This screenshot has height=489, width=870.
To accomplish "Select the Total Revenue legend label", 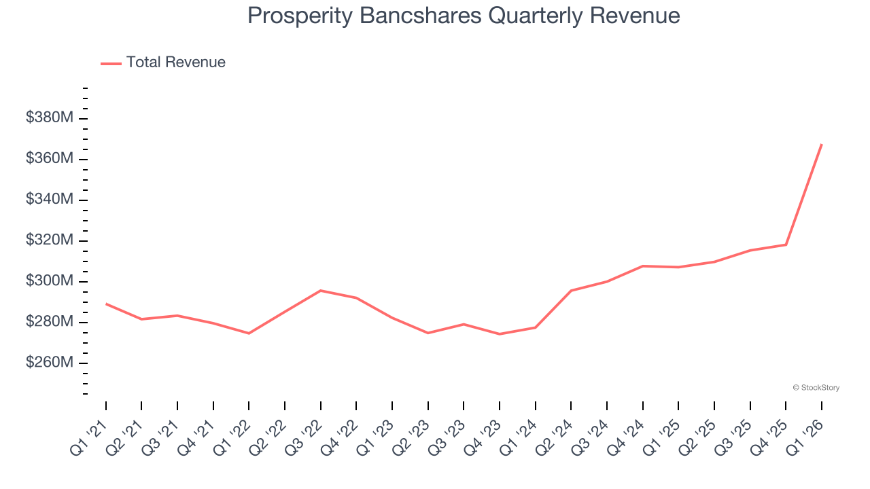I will pos(175,62).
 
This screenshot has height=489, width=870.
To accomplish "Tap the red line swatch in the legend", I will pos(111,63).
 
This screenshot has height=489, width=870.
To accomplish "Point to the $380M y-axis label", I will pos(49,117).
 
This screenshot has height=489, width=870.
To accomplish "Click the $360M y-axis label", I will pos(49,158).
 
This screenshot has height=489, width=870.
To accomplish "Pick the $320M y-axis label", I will pos(49,240).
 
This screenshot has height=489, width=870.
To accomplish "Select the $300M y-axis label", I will pos(49,280).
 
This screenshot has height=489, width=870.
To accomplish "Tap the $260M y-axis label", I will pos(49,362).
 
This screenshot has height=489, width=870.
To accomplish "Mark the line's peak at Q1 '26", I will pos(822,144).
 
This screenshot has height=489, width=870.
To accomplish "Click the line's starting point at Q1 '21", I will pos(106,304).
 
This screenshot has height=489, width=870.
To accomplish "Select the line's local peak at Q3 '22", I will pos(321,291).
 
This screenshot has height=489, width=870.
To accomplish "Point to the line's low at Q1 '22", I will pos(249,333).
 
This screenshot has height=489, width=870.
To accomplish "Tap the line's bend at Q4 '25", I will pos(786,244).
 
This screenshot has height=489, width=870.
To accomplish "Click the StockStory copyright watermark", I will pos(816,388).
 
